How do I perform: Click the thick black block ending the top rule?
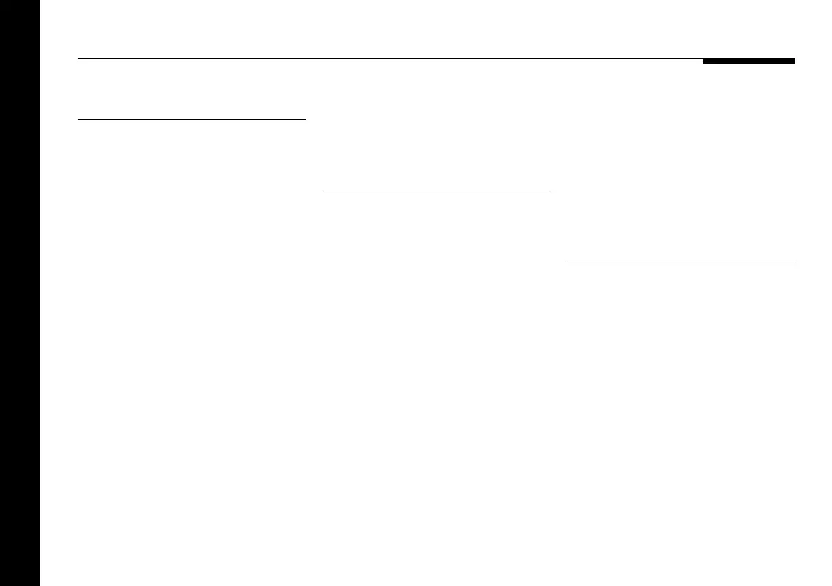[x=748, y=61]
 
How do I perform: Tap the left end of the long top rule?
[x=78, y=59]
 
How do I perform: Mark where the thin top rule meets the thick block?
[x=703, y=59]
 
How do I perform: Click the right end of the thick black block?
[x=794, y=61]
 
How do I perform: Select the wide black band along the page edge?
[x=20, y=293]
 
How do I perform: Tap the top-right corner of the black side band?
[x=40, y=1]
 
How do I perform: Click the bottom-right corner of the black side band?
[x=40, y=585]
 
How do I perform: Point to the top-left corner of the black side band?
[x=1, y=1]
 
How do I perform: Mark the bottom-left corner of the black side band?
[x=1, y=585]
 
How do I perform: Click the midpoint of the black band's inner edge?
[x=40, y=293]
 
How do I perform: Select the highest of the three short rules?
[x=192, y=120]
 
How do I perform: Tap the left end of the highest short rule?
[x=78, y=120]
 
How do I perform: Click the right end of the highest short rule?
[x=306, y=120]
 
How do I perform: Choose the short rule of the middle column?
[x=436, y=191]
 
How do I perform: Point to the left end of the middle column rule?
[x=322, y=191]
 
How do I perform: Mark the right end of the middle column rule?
[x=550, y=191]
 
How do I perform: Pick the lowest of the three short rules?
[x=680, y=262]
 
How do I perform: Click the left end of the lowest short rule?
[x=566, y=262]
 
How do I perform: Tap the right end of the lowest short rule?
[x=794, y=262]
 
